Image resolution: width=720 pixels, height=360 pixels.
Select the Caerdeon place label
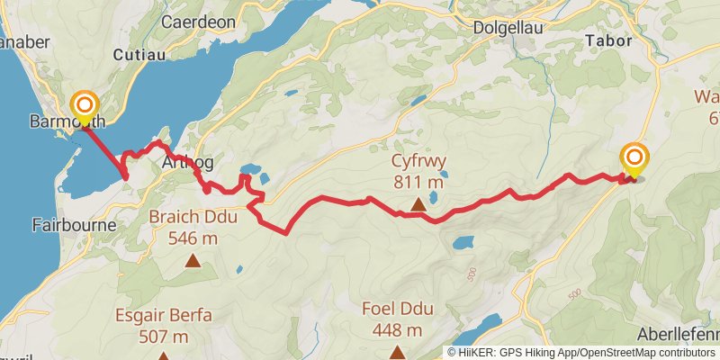pyautogui.click(x=197, y=22)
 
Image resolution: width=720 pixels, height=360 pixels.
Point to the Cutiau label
pyautogui.click(x=137, y=55)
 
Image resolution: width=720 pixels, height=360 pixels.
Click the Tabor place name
pyautogui.click(x=610, y=40)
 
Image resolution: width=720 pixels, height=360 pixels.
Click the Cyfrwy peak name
pyautogui.click(x=418, y=163)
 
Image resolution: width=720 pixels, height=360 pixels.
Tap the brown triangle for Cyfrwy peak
pyautogui.click(x=418, y=206)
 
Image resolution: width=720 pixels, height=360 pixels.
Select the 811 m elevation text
pyautogui.click(x=418, y=183)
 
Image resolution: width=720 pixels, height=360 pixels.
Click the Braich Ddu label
pyautogui.click(x=193, y=219)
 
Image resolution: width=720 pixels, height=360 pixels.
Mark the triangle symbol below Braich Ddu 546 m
pyautogui.click(x=193, y=261)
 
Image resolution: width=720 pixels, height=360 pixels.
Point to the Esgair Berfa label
pyautogui.click(x=163, y=316)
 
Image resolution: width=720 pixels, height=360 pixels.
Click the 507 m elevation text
pyautogui.click(x=163, y=337)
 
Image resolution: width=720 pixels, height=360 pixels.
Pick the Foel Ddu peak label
pyautogui.click(x=397, y=310)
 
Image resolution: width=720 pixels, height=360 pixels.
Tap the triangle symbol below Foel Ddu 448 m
pyautogui.click(x=397, y=352)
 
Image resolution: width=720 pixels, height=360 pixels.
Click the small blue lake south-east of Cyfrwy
pyautogui.click(x=463, y=242)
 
